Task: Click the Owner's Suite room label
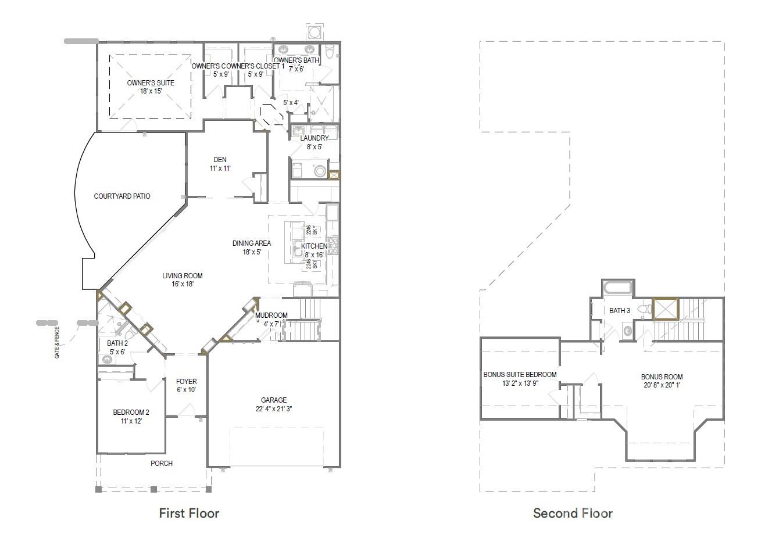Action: pos(151,83)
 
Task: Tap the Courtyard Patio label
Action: pos(122,196)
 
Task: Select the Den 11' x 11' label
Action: pos(220,164)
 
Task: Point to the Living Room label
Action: pos(182,276)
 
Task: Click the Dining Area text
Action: pos(252,243)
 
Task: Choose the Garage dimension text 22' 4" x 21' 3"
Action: pos(273,409)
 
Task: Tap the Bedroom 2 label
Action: pos(131,413)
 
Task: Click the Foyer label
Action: pos(186,382)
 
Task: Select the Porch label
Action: pos(161,464)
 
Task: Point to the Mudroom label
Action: pos(271,315)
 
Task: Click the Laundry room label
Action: pos(315,138)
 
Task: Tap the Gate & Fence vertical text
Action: pos(57,343)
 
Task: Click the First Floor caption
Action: pos(189,513)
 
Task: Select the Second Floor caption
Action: pos(573,513)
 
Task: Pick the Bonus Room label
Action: pos(662,376)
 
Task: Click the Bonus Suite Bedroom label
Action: pos(520,375)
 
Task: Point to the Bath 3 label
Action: pos(619,311)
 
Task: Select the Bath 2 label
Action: pos(117,343)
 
